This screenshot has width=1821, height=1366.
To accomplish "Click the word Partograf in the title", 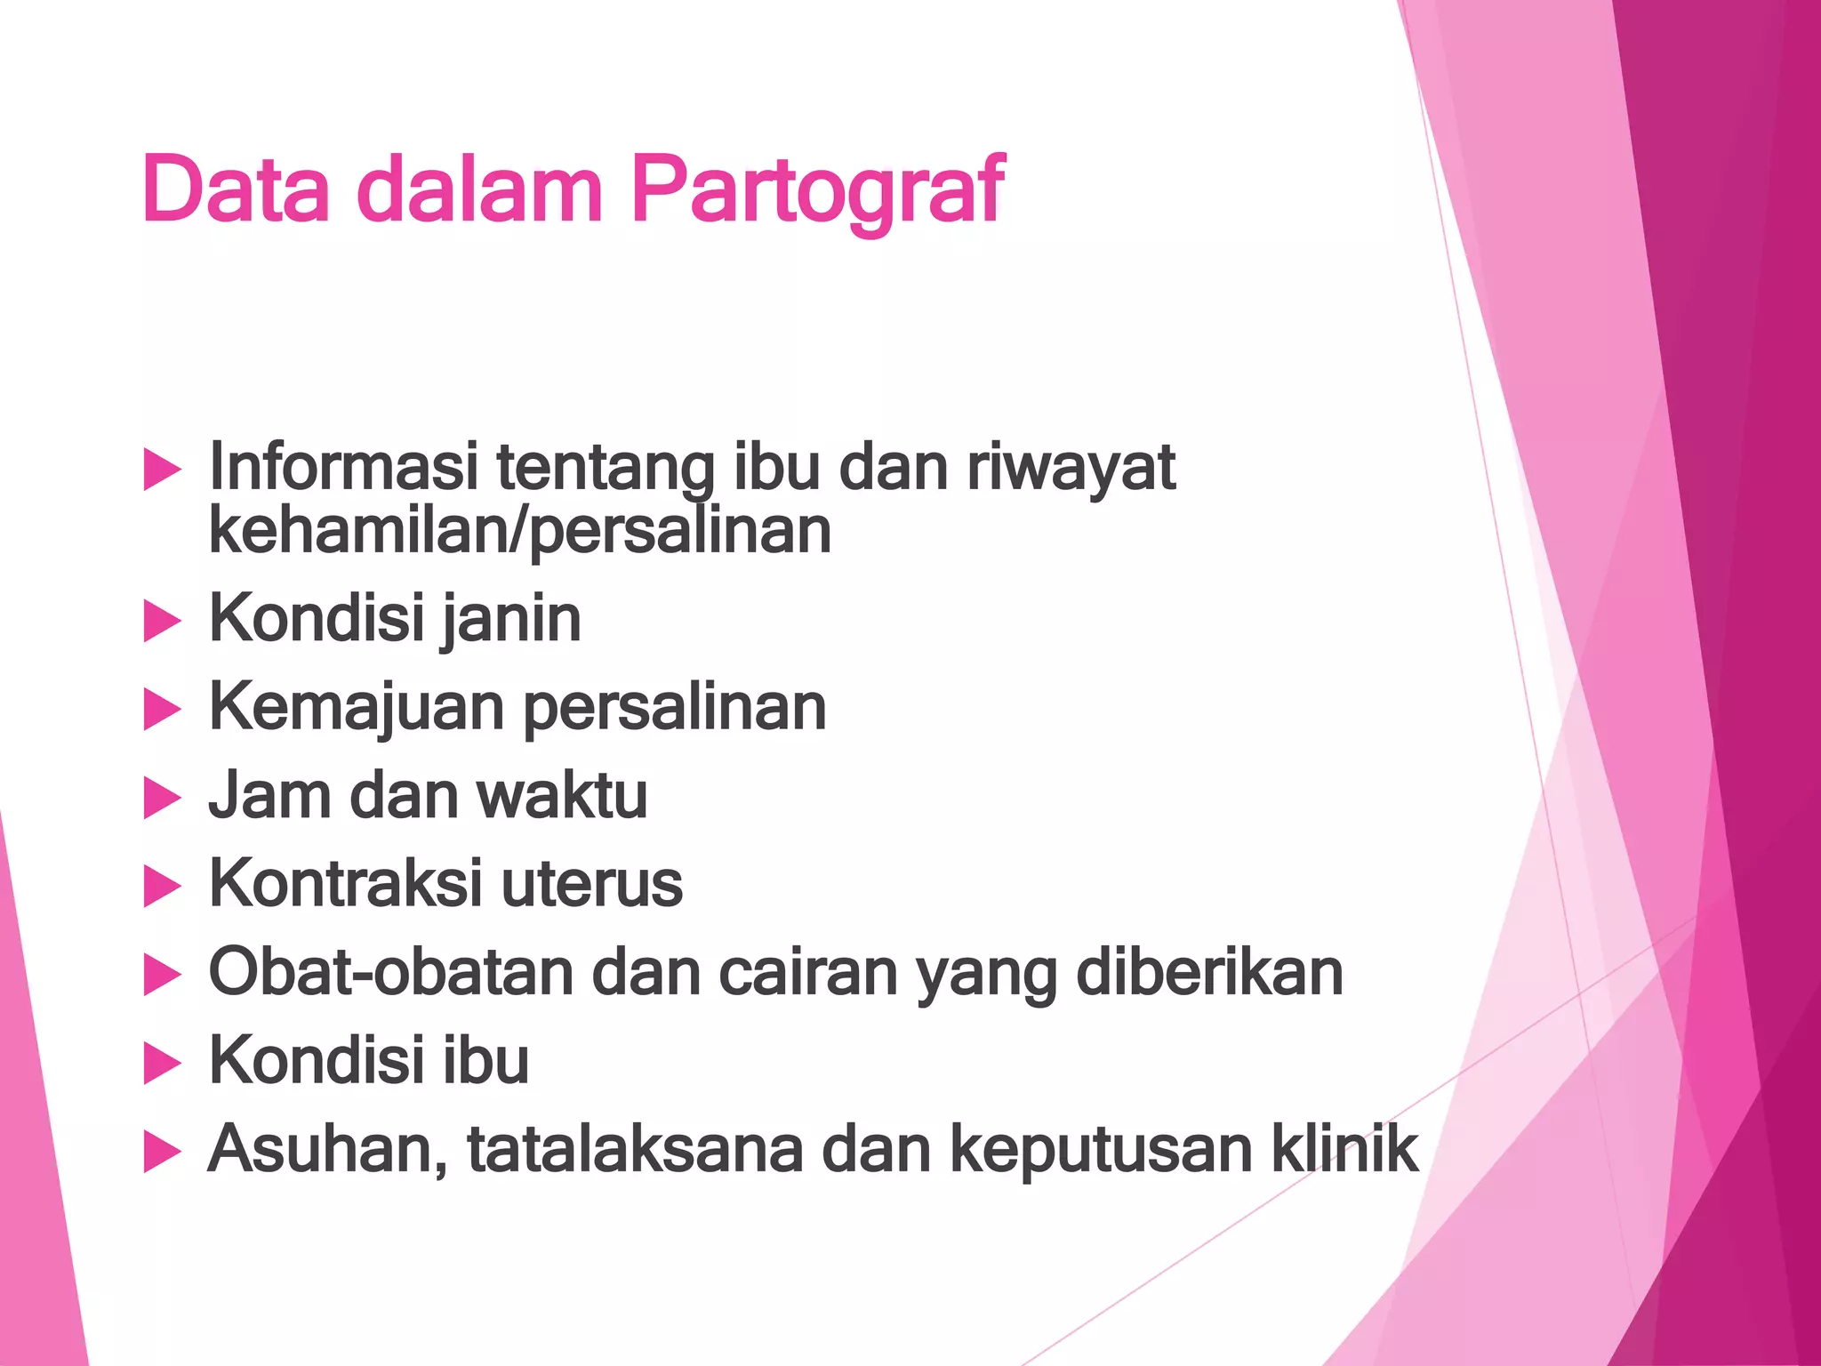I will pos(818,190).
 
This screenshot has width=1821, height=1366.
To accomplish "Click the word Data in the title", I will pos(236,190).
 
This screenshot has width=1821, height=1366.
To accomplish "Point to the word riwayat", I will pos(1071,468).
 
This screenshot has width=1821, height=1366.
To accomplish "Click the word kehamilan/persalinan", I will pos(520,531).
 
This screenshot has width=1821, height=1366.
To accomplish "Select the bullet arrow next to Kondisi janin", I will pos(162,621).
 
